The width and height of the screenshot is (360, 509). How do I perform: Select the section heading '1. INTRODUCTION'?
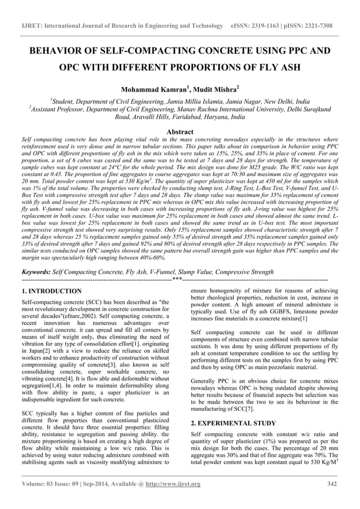51,291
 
